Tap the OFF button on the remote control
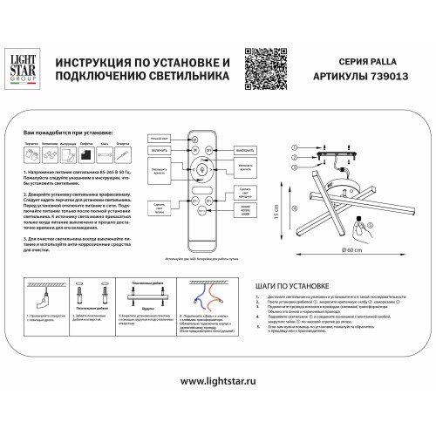tap(218, 150)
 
